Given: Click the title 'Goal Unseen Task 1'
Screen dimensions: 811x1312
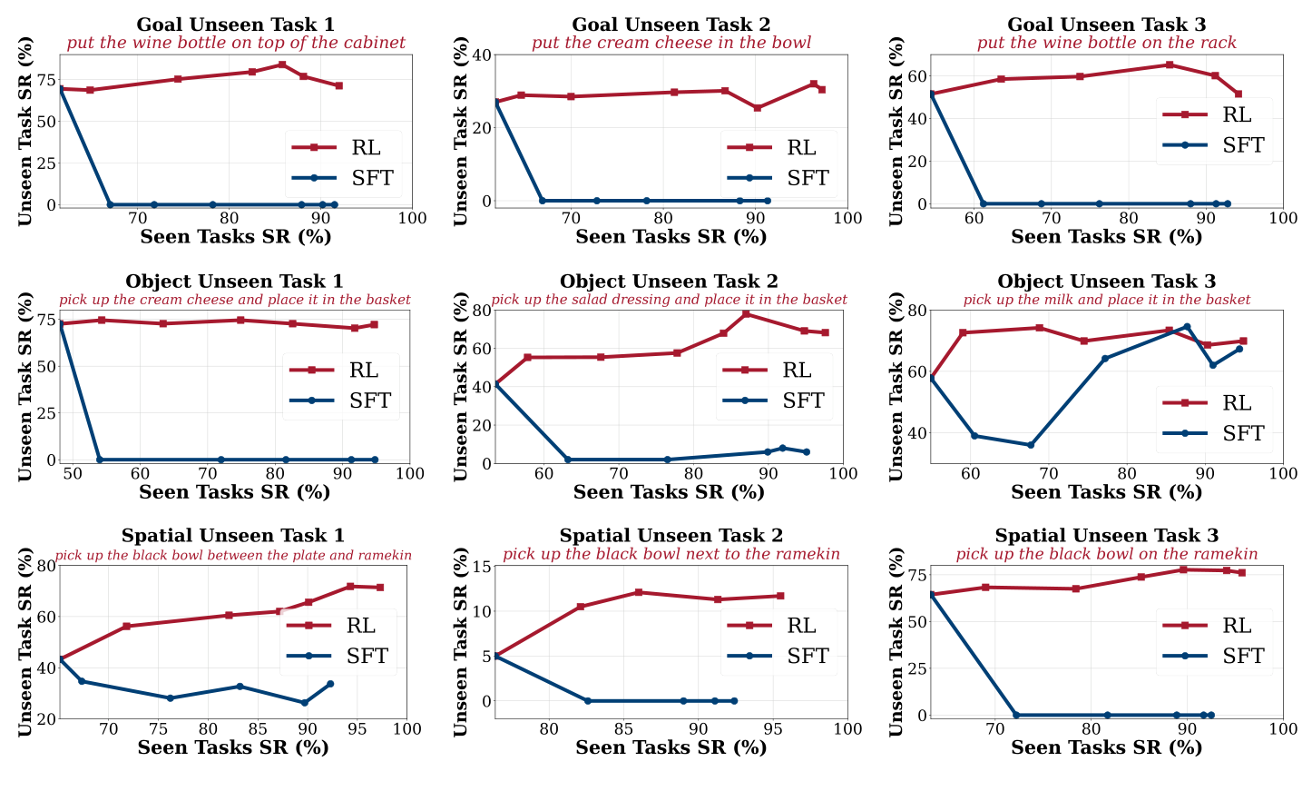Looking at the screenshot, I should point(235,25).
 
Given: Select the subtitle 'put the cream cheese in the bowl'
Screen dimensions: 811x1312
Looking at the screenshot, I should point(671,43).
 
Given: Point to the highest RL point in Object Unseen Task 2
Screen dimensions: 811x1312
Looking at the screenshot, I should point(746,313).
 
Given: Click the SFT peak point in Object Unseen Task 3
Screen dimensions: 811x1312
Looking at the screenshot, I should point(1186,327).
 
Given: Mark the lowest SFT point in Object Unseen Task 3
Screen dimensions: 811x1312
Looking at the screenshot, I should point(1030,445).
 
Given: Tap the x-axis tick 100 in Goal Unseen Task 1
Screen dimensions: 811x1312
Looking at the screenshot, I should point(412,219).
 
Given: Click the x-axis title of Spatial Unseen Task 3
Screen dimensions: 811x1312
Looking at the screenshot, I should point(1106,747).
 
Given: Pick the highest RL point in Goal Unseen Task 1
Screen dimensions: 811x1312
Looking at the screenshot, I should point(282,64).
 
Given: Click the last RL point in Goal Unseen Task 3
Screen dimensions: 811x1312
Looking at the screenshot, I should point(1238,94).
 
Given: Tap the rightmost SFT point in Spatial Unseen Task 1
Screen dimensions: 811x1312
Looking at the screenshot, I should point(330,684).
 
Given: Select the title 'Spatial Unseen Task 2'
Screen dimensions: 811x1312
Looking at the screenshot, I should point(671,536).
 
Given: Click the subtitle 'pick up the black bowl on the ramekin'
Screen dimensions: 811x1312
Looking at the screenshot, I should point(1106,554).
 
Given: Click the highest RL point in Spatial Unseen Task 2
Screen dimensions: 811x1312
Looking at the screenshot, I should point(638,592).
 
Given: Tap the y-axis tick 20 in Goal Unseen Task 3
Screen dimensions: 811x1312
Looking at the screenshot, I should point(915,162).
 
